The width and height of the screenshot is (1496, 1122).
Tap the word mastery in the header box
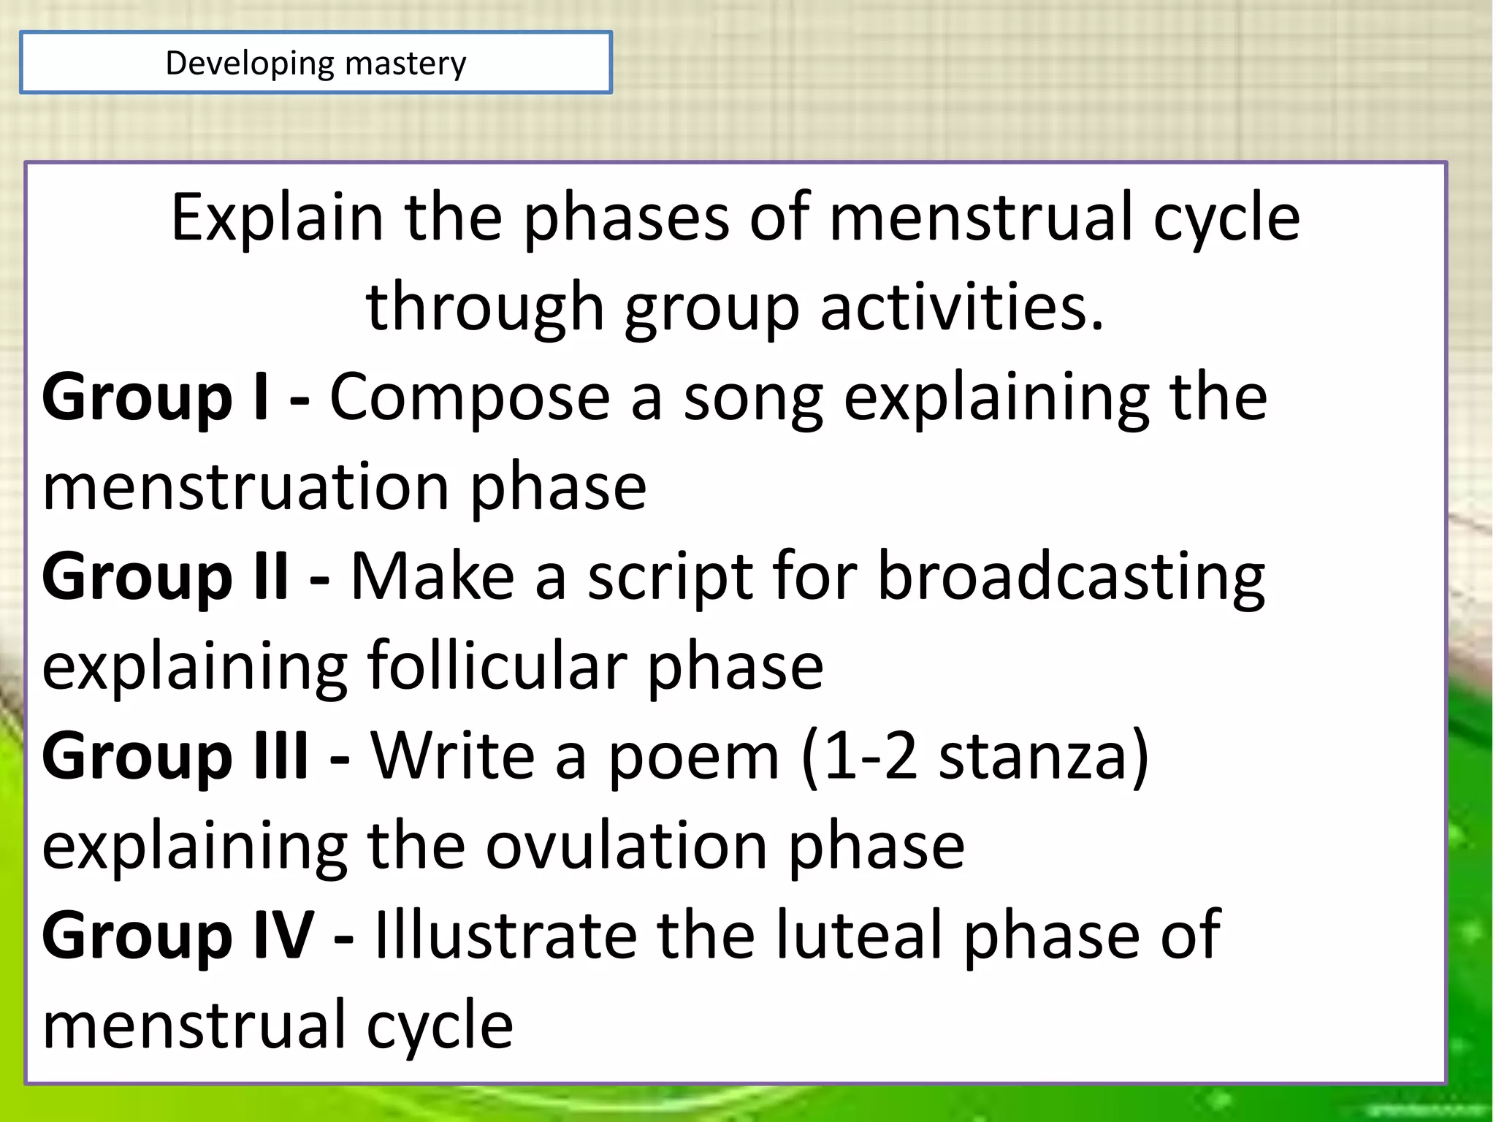tap(405, 64)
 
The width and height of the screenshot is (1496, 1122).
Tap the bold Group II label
tap(165, 577)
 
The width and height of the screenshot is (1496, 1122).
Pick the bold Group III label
tap(175, 757)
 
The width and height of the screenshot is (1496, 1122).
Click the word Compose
tap(470, 398)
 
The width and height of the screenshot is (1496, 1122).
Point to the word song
tap(753, 398)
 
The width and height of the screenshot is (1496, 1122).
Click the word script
tap(670, 577)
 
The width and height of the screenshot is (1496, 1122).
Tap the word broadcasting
tap(1071, 577)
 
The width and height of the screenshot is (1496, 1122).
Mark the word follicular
tap(496, 666)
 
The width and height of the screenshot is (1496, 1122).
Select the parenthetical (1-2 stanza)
tap(975, 757)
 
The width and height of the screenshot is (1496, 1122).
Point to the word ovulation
tap(626, 846)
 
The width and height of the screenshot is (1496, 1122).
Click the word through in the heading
tap(484, 307)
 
